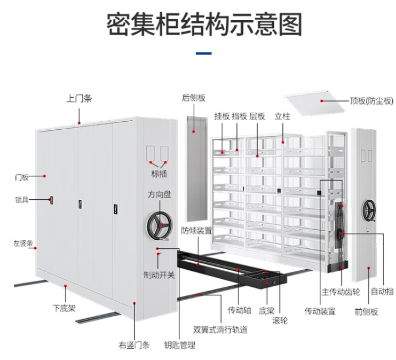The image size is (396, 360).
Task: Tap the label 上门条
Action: point(79,98)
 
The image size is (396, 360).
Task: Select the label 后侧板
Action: point(193,98)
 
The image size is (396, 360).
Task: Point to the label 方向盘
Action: point(160,195)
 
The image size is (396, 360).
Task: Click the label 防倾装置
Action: point(196,231)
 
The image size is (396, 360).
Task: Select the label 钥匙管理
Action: point(179,345)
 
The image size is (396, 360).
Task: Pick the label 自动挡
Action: point(382,292)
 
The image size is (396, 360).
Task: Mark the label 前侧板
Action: point(366,311)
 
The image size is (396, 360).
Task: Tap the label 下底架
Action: point(64,308)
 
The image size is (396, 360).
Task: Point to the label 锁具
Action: point(21,200)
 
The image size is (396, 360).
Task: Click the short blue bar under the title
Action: point(204,53)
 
